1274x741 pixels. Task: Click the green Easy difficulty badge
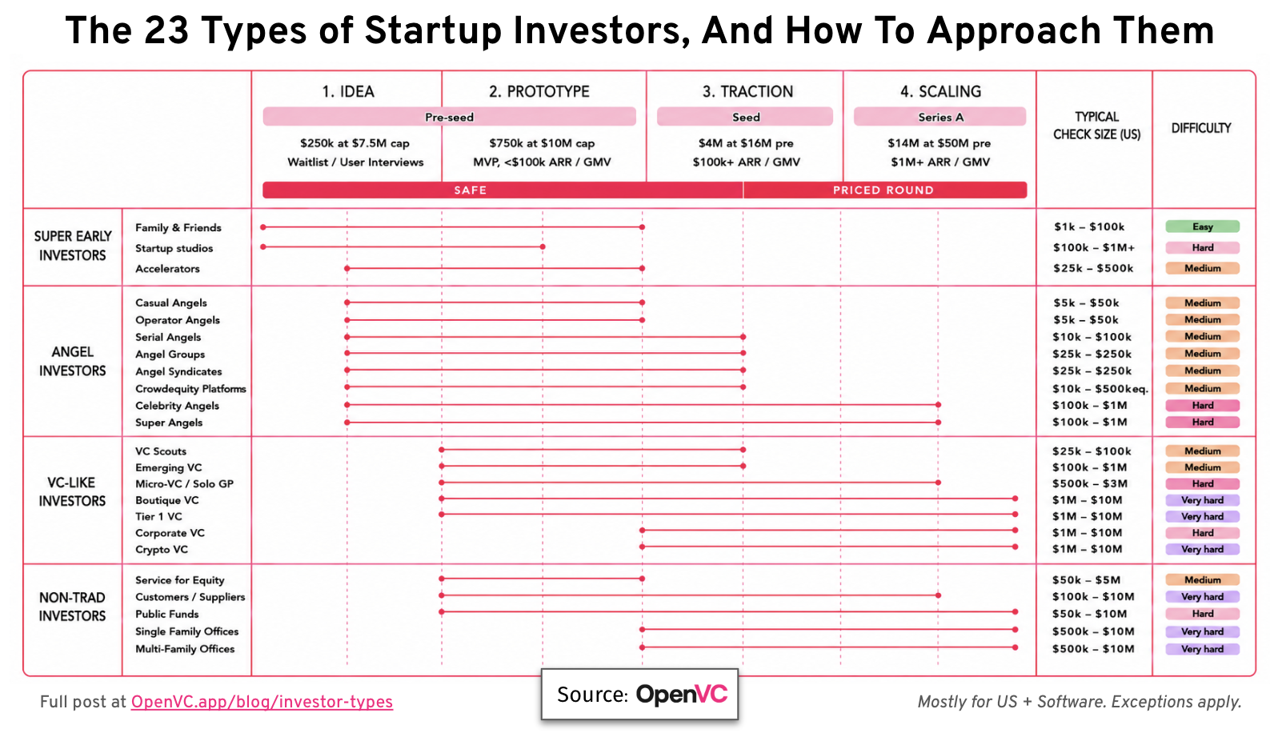[x=1202, y=226]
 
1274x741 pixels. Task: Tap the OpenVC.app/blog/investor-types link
[x=262, y=703]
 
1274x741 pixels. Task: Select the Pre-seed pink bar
[x=449, y=117]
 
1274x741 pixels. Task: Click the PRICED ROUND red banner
[x=885, y=190]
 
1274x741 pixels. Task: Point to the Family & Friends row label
[x=178, y=227]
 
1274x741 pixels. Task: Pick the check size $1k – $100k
[x=1089, y=227]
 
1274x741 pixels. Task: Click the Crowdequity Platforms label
[x=190, y=389]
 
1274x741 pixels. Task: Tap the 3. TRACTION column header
[x=747, y=91]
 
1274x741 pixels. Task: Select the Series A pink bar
[x=940, y=117]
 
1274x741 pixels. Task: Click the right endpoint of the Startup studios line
[x=543, y=246]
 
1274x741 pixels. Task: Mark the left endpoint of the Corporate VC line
[x=642, y=530]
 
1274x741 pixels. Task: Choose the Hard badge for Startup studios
[x=1202, y=247]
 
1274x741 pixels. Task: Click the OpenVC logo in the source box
[x=681, y=695]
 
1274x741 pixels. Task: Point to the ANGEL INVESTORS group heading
[x=72, y=361]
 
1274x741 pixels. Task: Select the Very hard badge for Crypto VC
[x=1202, y=550]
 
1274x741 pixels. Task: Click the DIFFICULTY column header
[x=1201, y=128]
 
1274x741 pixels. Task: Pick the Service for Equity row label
[x=180, y=580]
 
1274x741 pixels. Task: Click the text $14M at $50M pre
[x=939, y=143]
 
